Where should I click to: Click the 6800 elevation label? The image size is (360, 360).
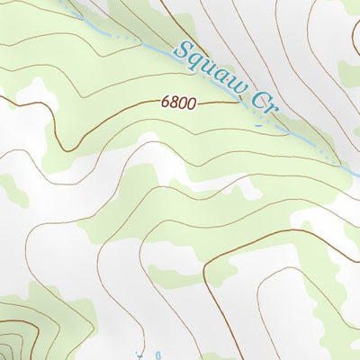click(x=178, y=103)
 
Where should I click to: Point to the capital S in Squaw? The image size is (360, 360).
click(x=185, y=49)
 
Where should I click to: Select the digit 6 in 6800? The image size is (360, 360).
click(x=166, y=103)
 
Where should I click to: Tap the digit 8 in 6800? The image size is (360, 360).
click(x=175, y=103)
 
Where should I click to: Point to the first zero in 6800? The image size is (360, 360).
click(x=182, y=103)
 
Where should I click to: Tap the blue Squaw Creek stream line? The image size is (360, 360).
click(x=306, y=142)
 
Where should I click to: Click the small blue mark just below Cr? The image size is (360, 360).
click(x=260, y=123)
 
